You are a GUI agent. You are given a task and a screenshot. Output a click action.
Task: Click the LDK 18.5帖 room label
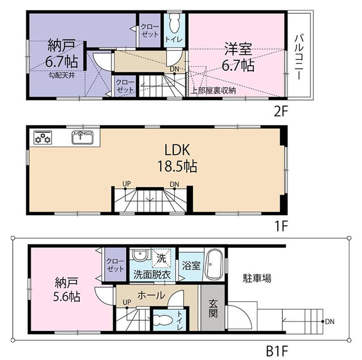(177, 158)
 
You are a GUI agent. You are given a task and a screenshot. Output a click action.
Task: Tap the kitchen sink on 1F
(83, 138)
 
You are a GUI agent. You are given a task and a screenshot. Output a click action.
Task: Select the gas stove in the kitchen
(43, 138)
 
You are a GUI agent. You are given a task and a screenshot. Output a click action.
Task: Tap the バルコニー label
(299, 57)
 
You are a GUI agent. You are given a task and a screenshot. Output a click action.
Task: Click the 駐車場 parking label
(257, 278)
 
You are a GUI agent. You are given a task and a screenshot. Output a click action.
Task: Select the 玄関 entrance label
(213, 308)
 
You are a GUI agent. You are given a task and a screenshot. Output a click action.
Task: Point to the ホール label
(151, 295)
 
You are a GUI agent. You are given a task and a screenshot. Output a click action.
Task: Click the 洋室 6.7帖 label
(238, 57)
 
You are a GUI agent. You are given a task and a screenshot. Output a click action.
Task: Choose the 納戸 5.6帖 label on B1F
(67, 289)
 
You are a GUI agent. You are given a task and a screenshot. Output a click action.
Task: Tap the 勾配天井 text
(62, 75)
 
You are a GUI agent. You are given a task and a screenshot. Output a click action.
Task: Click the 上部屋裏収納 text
(213, 91)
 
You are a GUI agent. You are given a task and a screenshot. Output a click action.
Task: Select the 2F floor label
(281, 112)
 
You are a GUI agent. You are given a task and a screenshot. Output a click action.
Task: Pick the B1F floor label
(277, 351)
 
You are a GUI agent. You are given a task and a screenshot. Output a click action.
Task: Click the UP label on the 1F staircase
(127, 184)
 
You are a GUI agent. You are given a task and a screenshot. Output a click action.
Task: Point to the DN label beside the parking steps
(330, 321)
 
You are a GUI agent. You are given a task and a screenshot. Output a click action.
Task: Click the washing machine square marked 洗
(161, 258)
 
